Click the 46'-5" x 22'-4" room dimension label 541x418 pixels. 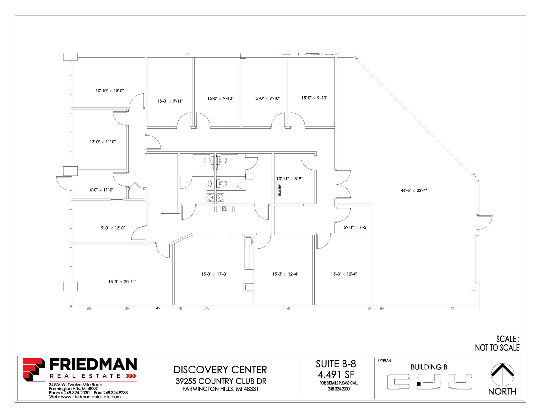(414, 190)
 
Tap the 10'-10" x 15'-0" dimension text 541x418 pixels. (110, 91)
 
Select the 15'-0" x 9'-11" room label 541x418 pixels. (170, 101)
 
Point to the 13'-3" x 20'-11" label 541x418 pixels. (122, 282)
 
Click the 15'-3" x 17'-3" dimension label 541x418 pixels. (214, 274)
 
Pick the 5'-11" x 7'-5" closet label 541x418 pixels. (355, 227)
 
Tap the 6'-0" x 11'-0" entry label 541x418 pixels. (102, 190)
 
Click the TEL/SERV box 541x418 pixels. (280, 190)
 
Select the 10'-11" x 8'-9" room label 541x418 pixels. (289, 179)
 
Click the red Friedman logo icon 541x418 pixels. (34, 370)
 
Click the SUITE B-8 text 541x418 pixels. (336, 364)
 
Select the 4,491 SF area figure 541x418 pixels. (336, 374)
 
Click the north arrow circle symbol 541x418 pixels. (502, 374)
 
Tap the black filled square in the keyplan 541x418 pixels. (418, 384)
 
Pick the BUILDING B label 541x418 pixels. (429, 367)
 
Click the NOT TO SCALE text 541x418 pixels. (497, 348)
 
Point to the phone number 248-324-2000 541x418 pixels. (339, 389)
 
